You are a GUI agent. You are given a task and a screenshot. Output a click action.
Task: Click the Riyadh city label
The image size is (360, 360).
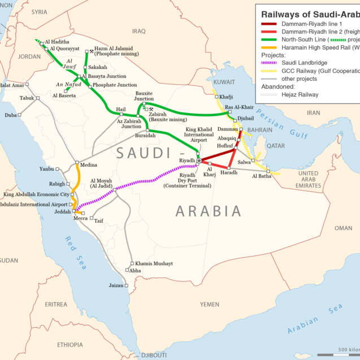pyautogui.click(x=186, y=161)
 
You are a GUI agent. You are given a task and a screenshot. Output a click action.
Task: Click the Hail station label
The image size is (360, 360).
pyautogui.click(x=120, y=109)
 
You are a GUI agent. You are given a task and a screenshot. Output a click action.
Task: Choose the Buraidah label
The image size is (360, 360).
pyautogui.click(x=145, y=136)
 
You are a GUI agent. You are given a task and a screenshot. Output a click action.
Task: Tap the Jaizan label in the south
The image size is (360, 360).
pyautogui.click(x=115, y=285)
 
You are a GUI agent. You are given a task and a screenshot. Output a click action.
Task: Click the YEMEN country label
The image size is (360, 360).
pyautogui.click(x=209, y=304)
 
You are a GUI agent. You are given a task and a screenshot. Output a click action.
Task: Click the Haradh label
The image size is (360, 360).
pyautogui.click(x=229, y=172)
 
